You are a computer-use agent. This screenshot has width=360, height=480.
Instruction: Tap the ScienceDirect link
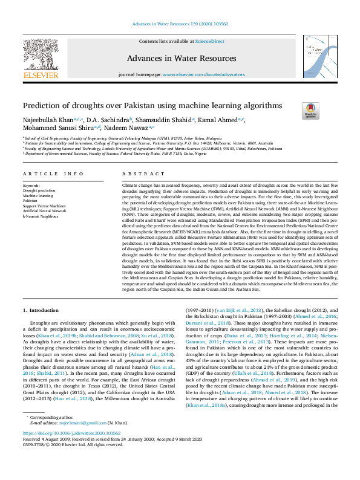[x=210, y=41]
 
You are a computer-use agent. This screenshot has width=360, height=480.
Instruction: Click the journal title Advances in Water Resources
[x=182, y=59]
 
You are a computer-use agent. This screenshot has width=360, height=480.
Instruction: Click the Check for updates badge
[x=310, y=109]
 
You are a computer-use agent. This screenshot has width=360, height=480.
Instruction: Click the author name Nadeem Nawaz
[x=128, y=128]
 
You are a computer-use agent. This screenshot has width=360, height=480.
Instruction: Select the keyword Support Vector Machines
[x=44, y=206]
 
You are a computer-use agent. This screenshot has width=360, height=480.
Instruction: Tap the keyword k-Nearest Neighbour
[x=41, y=216]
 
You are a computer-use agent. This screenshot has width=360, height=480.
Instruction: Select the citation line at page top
[x=180, y=24]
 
